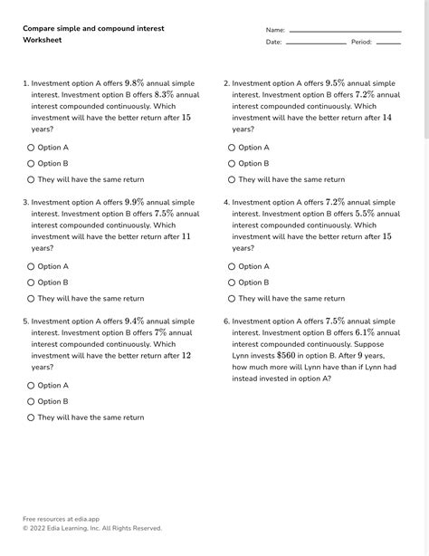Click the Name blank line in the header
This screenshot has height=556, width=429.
point(345,32)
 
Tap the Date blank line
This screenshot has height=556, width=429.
point(316,43)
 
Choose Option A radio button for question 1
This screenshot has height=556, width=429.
point(31,148)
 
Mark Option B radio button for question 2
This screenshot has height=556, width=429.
point(232,164)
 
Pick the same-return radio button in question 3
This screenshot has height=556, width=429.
point(31,299)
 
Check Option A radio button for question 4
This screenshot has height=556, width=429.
point(232,267)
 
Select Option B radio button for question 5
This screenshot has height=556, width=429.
point(31,402)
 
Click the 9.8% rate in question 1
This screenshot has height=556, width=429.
point(134,82)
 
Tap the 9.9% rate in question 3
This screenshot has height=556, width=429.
point(134,202)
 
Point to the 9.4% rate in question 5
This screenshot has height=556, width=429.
point(134,321)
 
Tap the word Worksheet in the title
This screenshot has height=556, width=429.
point(43,40)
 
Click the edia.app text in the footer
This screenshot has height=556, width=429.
point(81,519)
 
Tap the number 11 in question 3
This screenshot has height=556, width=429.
point(186,236)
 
